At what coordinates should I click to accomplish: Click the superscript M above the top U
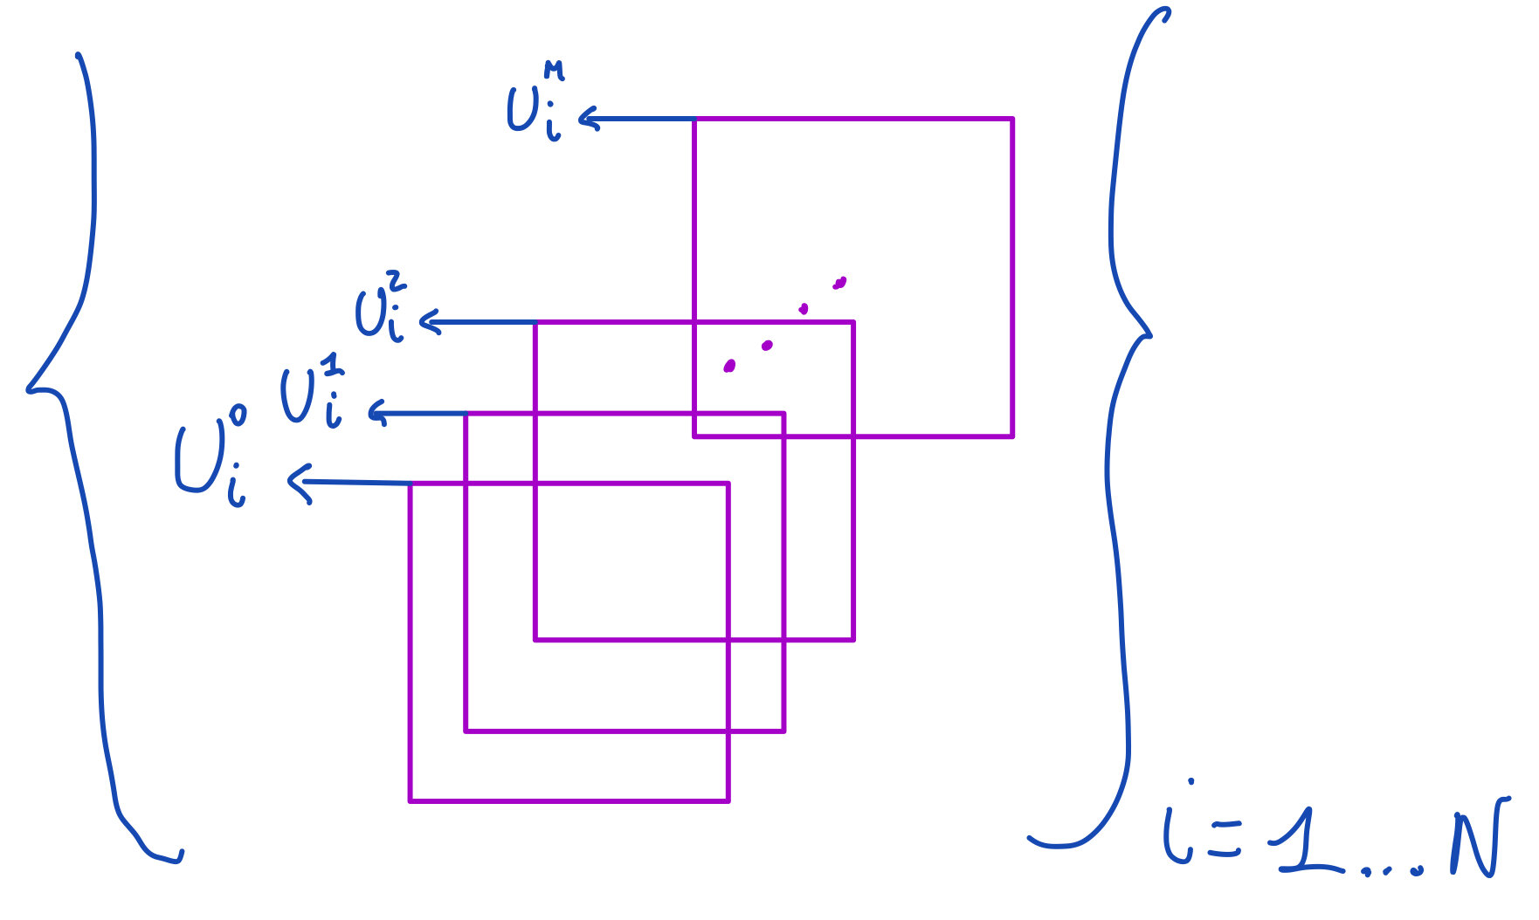[553, 70]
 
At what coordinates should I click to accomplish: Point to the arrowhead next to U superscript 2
[429, 322]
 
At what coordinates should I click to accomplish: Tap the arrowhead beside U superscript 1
[376, 412]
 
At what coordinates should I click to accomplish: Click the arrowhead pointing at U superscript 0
[299, 483]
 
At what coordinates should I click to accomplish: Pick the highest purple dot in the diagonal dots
[839, 283]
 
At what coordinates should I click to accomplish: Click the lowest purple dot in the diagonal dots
[729, 367]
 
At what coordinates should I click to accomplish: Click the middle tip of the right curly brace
[1149, 334]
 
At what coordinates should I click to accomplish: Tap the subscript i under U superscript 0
[236, 490]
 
